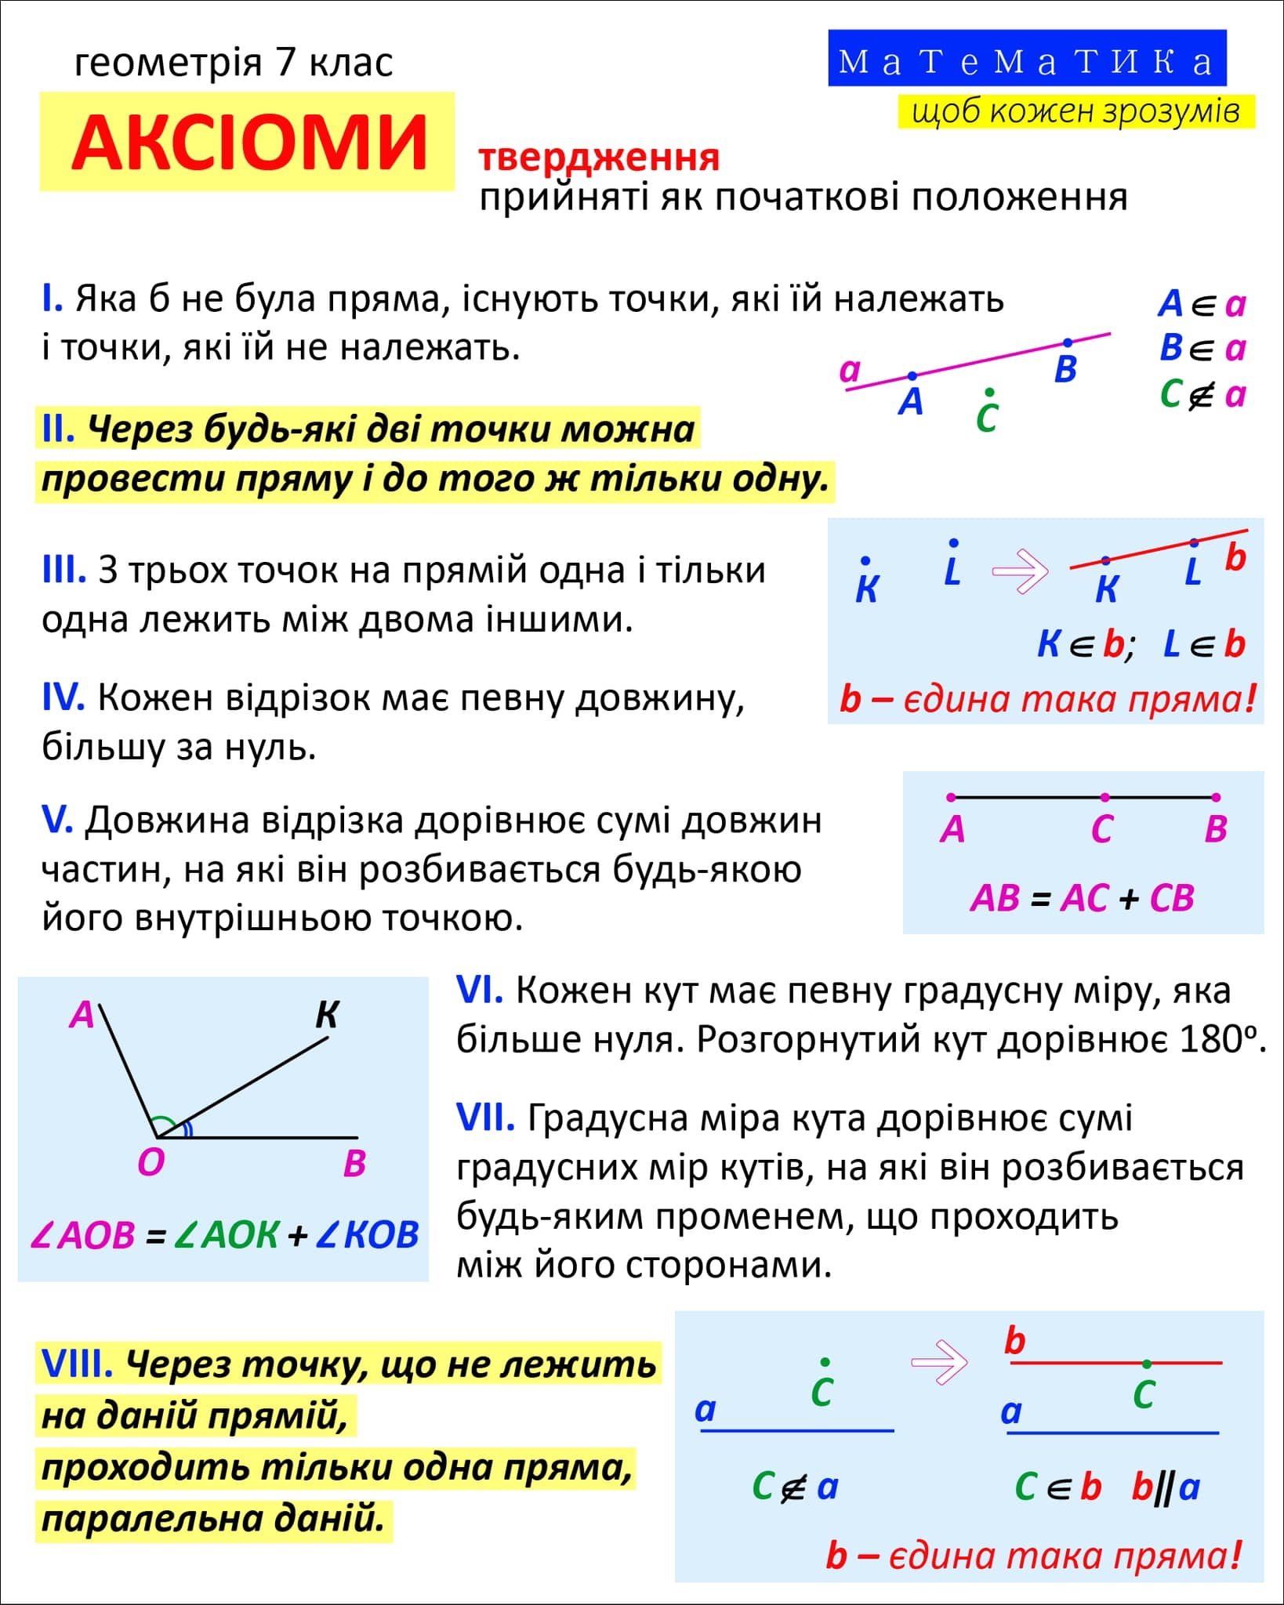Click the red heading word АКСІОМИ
pyautogui.click(x=249, y=143)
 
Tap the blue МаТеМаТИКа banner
pyautogui.click(x=1027, y=59)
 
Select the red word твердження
pyautogui.click(x=599, y=158)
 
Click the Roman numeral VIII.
pyautogui.click(x=76, y=1364)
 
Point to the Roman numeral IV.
pyautogui.click(x=63, y=697)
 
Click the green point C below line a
pyautogui.click(x=989, y=392)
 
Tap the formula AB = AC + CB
pyautogui.click(x=1082, y=898)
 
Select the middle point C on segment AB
pyautogui.click(x=1104, y=798)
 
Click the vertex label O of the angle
pyautogui.click(x=151, y=1163)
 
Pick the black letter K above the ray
pyautogui.click(x=326, y=1015)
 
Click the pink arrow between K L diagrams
pyautogui.click(x=1020, y=571)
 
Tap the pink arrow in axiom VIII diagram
pyautogui.click(x=939, y=1362)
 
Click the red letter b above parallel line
pyautogui.click(x=1015, y=1341)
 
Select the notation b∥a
pyautogui.click(x=1165, y=1487)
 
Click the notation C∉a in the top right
pyautogui.click(x=1202, y=394)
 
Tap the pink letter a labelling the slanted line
pyautogui.click(x=850, y=369)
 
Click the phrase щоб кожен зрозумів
pyautogui.click(x=1075, y=111)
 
